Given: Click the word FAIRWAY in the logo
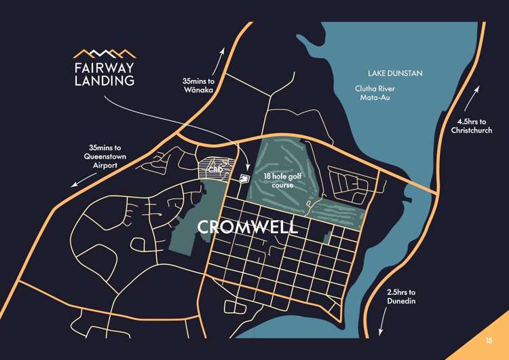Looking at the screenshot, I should point(104,67).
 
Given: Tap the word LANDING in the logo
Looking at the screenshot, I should point(104,81).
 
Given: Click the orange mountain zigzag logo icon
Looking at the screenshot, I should point(104,53).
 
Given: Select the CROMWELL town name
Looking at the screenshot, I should point(248,227).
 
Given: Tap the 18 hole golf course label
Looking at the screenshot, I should point(282,180).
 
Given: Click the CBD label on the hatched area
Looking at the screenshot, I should point(216,168).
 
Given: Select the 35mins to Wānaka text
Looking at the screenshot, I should point(198,85).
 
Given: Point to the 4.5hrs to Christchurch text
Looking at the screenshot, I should point(472,126).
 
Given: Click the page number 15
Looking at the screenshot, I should point(489,340).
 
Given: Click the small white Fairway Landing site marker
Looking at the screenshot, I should point(244,178).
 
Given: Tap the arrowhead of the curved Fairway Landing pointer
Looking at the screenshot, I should point(247,169).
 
